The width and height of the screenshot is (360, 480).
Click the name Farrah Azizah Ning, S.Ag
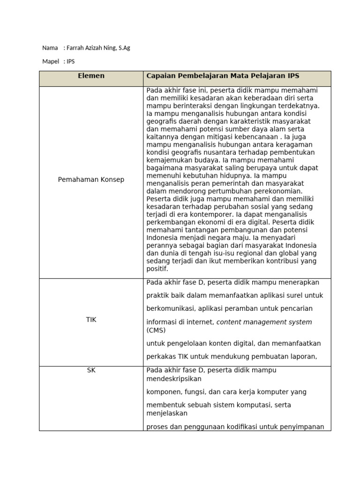coord(98,48)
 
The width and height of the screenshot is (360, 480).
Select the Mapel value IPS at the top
coord(71,61)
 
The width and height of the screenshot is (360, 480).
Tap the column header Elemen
coord(91,75)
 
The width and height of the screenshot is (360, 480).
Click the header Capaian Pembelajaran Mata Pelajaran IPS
coord(223,75)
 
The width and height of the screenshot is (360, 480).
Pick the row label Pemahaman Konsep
coord(91,180)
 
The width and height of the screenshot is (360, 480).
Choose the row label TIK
coord(91,319)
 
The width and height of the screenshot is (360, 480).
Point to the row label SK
coord(91,370)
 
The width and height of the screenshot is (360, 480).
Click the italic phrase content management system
coord(264,322)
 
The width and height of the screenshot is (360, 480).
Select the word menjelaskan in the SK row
coord(167,413)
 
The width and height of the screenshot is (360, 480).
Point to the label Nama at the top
coord(50,48)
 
